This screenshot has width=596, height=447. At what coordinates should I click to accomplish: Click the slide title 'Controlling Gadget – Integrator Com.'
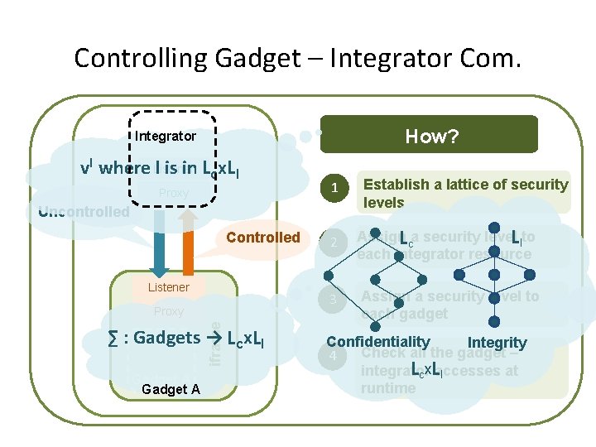pyautogui.click(x=298, y=58)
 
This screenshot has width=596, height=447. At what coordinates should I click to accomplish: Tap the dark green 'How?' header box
pyautogui.click(x=429, y=135)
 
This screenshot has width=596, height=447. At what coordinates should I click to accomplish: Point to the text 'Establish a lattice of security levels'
pyautogui.click(x=466, y=193)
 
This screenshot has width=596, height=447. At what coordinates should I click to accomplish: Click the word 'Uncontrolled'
pyautogui.click(x=84, y=212)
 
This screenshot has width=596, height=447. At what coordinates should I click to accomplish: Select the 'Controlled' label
pyautogui.click(x=263, y=238)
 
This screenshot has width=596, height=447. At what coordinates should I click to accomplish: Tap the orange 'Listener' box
pyautogui.click(x=169, y=287)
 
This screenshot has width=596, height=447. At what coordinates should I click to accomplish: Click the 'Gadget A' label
pyautogui.click(x=171, y=389)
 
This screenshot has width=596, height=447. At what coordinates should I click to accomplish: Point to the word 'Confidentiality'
pyautogui.click(x=378, y=342)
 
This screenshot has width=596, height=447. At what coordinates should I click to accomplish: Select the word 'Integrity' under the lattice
pyautogui.click(x=497, y=343)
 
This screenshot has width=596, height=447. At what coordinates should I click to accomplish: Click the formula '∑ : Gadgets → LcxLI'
pyautogui.click(x=185, y=338)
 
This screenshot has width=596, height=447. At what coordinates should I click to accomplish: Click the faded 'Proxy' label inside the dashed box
pyautogui.click(x=174, y=193)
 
